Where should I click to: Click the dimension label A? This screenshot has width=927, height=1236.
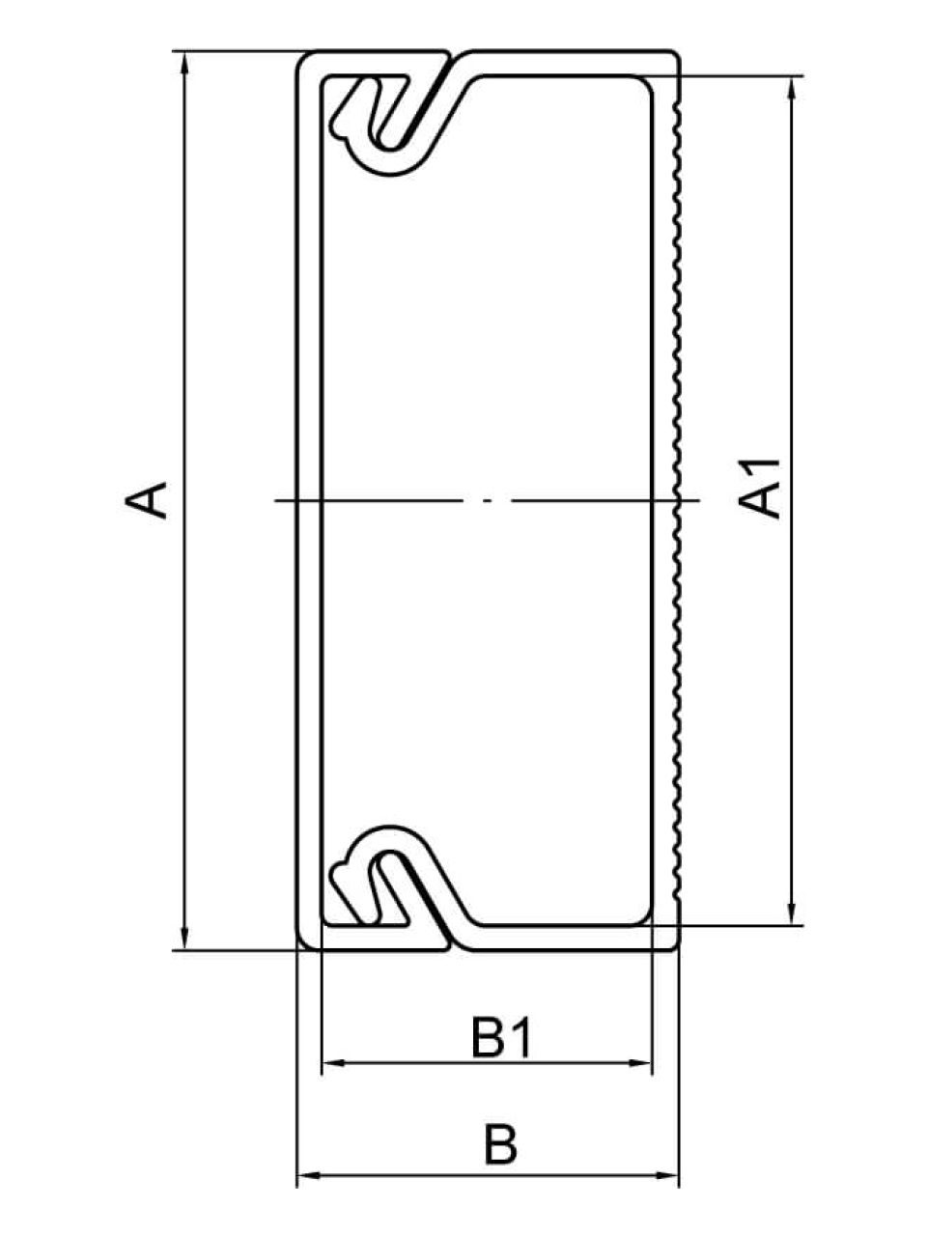pos(147,499)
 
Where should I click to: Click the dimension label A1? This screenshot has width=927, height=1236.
pos(759,488)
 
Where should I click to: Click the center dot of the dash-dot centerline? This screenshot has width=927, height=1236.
pos(488,500)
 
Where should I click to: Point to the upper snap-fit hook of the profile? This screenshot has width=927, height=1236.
pos(388,121)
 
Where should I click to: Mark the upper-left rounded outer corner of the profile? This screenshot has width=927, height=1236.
pos(304,60)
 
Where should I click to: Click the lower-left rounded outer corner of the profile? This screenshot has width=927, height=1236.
pos(304,941)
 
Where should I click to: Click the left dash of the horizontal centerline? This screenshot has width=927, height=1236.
pos(369,500)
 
